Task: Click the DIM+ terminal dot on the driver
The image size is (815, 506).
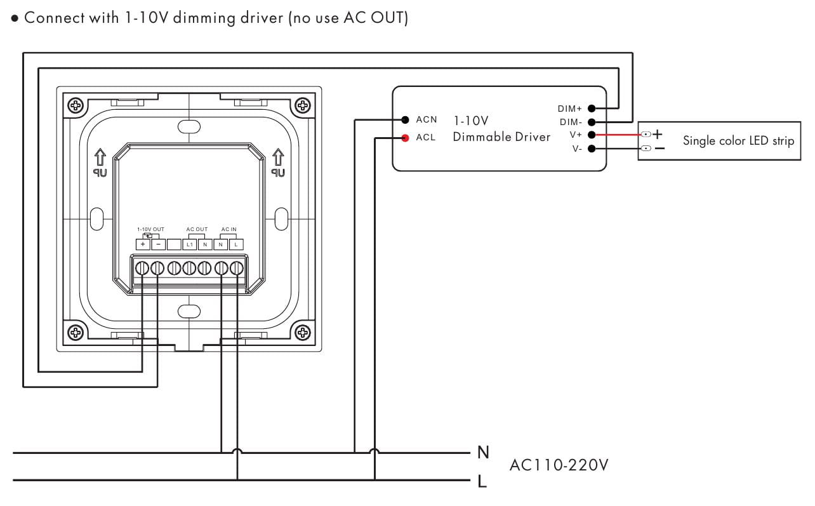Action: pos(592,109)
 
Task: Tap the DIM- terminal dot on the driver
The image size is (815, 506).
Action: pos(592,122)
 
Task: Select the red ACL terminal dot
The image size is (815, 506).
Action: pos(404,138)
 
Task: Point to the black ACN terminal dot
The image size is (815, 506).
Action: pos(404,119)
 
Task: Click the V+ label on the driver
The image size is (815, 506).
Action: pos(576,135)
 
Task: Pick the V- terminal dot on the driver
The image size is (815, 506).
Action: pos(592,149)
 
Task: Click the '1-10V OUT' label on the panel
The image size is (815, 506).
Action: pos(150,229)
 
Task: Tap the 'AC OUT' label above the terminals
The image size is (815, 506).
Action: pos(197,229)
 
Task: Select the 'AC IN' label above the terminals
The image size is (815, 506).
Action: pos(229,229)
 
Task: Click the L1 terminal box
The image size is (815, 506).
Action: pos(189,244)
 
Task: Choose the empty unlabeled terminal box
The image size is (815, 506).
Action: pos(173,244)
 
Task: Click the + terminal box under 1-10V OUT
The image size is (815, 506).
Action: pos(142,244)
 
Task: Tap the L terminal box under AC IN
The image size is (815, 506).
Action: pos(236,244)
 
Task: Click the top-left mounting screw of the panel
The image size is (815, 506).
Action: pos(76,105)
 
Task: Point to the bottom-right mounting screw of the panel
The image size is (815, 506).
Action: pos(303,331)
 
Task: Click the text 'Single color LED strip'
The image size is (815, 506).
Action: pos(738,141)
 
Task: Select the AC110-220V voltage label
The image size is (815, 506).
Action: pos(559,465)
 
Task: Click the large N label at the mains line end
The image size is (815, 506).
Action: pos(484,452)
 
